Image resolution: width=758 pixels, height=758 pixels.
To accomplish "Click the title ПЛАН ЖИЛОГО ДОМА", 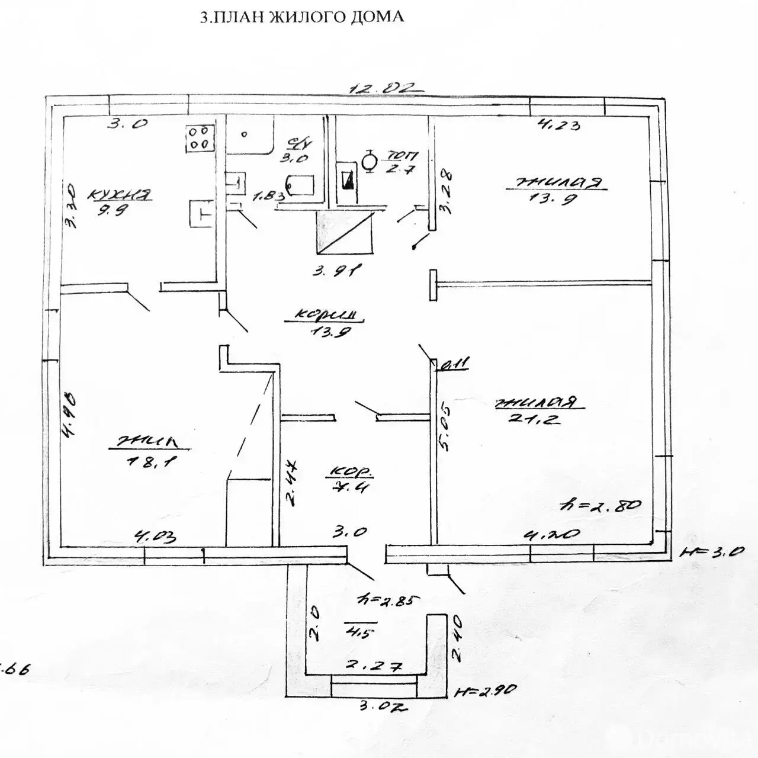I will [x=302, y=17].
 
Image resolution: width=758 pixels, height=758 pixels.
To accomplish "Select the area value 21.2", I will [x=534, y=419].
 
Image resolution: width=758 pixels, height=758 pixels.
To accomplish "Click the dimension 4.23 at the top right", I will [x=557, y=124].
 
